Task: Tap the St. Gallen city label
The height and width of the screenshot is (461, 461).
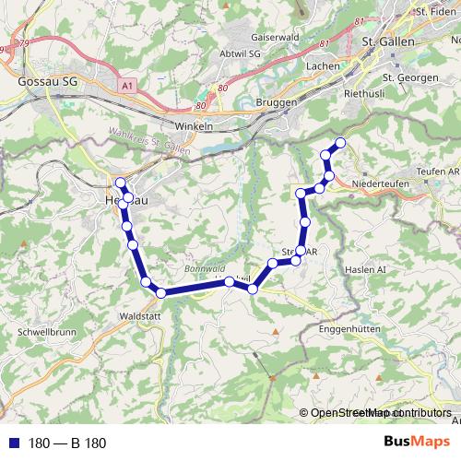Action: pyautogui.click(x=389, y=43)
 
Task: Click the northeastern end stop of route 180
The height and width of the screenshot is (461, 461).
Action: pyautogui.click(x=340, y=142)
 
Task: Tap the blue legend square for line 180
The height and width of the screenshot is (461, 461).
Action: pyautogui.click(x=13, y=443)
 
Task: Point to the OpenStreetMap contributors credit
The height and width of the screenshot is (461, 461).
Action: pyautogui.click(x=380, y=413)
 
